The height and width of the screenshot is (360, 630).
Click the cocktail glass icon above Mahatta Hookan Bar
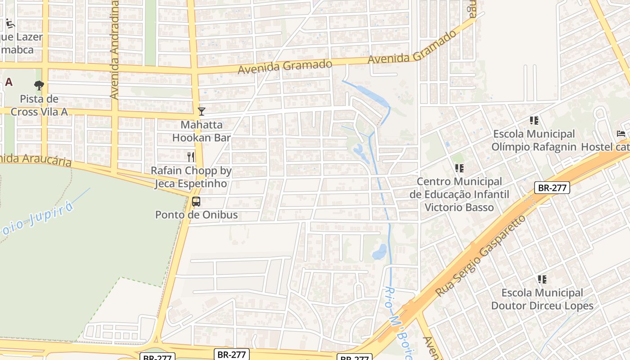coord(202,111)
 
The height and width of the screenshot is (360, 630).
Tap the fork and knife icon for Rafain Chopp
coord(191,157)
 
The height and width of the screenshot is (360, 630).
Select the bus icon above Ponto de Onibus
coord(196,201)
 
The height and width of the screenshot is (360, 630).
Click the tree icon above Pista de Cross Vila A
coord(39,85)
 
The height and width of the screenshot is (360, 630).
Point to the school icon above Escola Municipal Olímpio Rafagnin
coord(534,120)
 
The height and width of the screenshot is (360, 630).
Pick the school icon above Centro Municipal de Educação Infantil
coord(459,168)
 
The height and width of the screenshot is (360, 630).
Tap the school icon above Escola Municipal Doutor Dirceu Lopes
coord(542,279)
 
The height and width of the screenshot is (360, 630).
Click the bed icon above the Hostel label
coord(621,134)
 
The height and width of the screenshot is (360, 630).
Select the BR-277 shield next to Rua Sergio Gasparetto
coord(552,188)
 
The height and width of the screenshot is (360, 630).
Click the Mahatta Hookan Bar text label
coord(202,131)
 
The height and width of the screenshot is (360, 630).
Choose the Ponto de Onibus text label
coord(196,215)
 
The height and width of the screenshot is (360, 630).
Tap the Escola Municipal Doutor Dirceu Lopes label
coord(542,299)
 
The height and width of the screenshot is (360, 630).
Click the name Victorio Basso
coord(459,207)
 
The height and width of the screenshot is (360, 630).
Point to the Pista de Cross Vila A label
coord(39,105)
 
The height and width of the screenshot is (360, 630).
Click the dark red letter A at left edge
coord(9,82)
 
